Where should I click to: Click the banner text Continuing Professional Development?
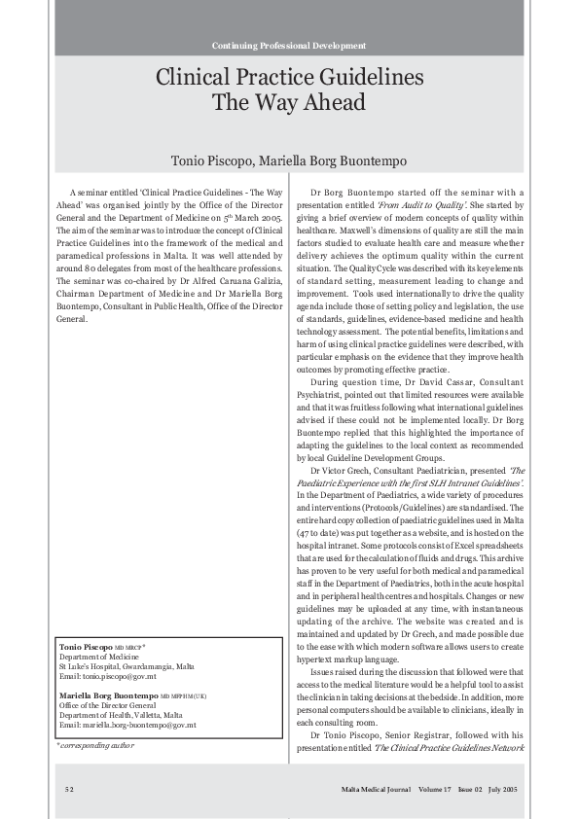(289, 46)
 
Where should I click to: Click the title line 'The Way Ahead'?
(289, 103)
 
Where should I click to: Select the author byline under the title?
(289, 160)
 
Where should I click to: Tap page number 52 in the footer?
(70, 786)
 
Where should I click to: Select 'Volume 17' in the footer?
(435, 786)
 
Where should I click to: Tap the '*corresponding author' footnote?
(94, 745)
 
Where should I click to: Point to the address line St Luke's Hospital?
(127, 666)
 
